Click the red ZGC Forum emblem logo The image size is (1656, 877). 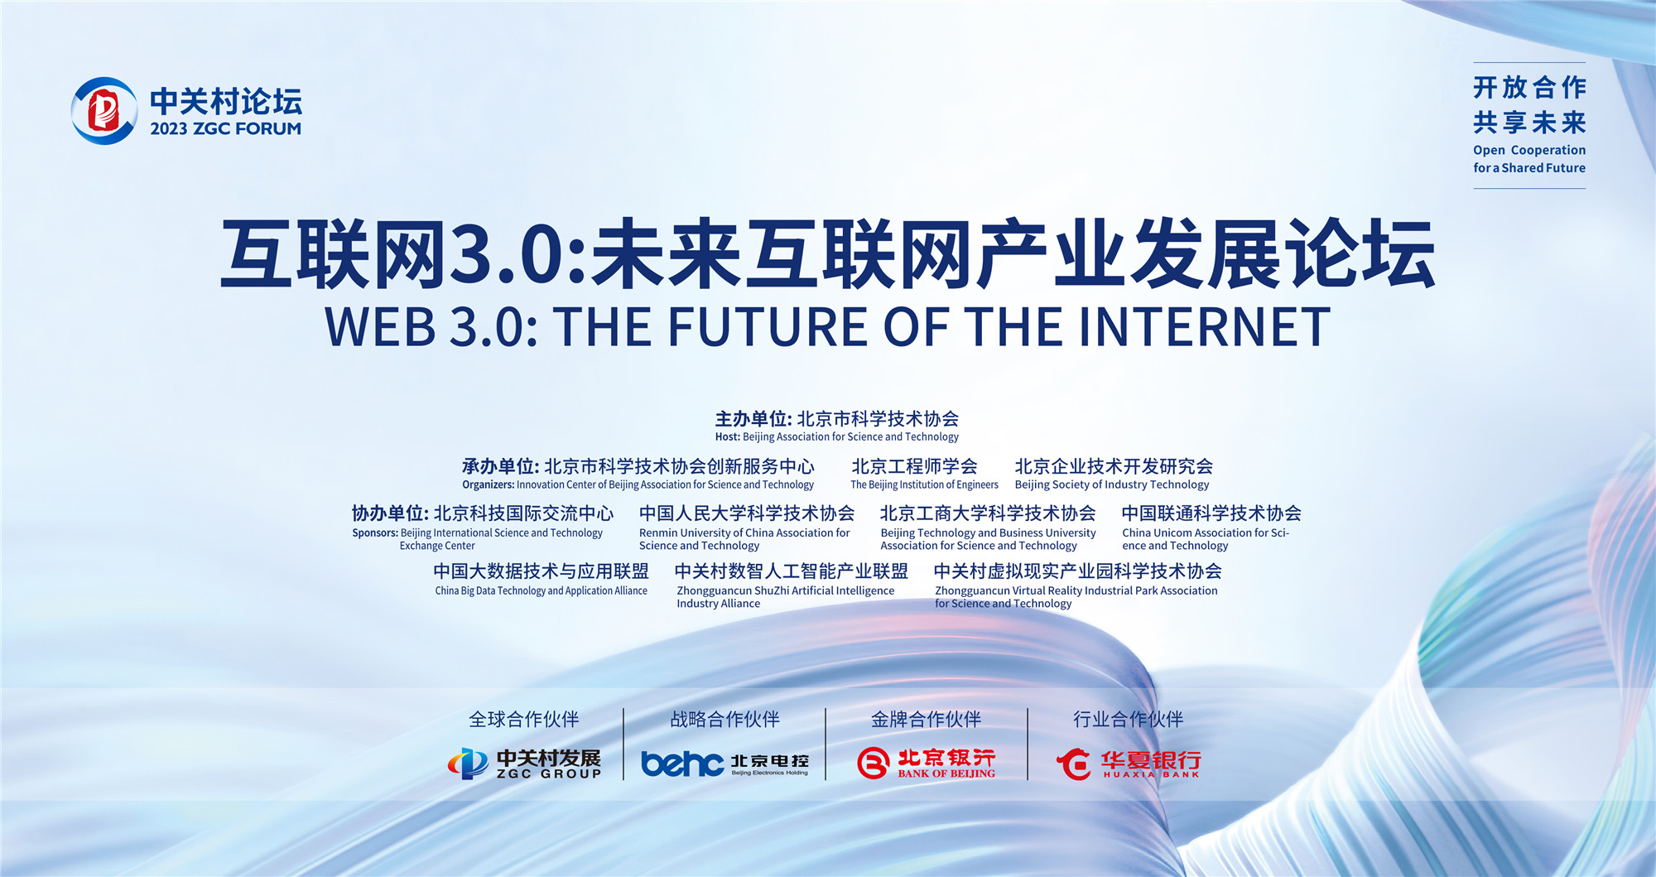point(104,111)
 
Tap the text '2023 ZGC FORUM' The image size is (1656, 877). point(225,128)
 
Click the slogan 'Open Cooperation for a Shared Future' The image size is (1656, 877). point(1529,158)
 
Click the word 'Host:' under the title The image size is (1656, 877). point(728,436)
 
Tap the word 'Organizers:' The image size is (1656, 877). point(489,484)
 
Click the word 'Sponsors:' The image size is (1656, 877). point(375,532)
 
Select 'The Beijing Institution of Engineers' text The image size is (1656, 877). point(924,484)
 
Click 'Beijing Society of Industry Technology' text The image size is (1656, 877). point(1112,484)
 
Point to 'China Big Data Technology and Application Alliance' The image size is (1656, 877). point(542,590)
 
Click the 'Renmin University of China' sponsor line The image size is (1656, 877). point(744,532)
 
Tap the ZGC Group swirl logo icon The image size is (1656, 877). point(468,763)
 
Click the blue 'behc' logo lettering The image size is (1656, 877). point(682,763)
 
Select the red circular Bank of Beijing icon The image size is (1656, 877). point(873,763)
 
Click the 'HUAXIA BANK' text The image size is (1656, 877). point(1151,774)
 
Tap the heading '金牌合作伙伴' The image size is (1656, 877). point(926,719)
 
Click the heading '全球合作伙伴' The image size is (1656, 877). point(524,719)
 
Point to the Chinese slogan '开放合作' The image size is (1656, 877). point(1529,87)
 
